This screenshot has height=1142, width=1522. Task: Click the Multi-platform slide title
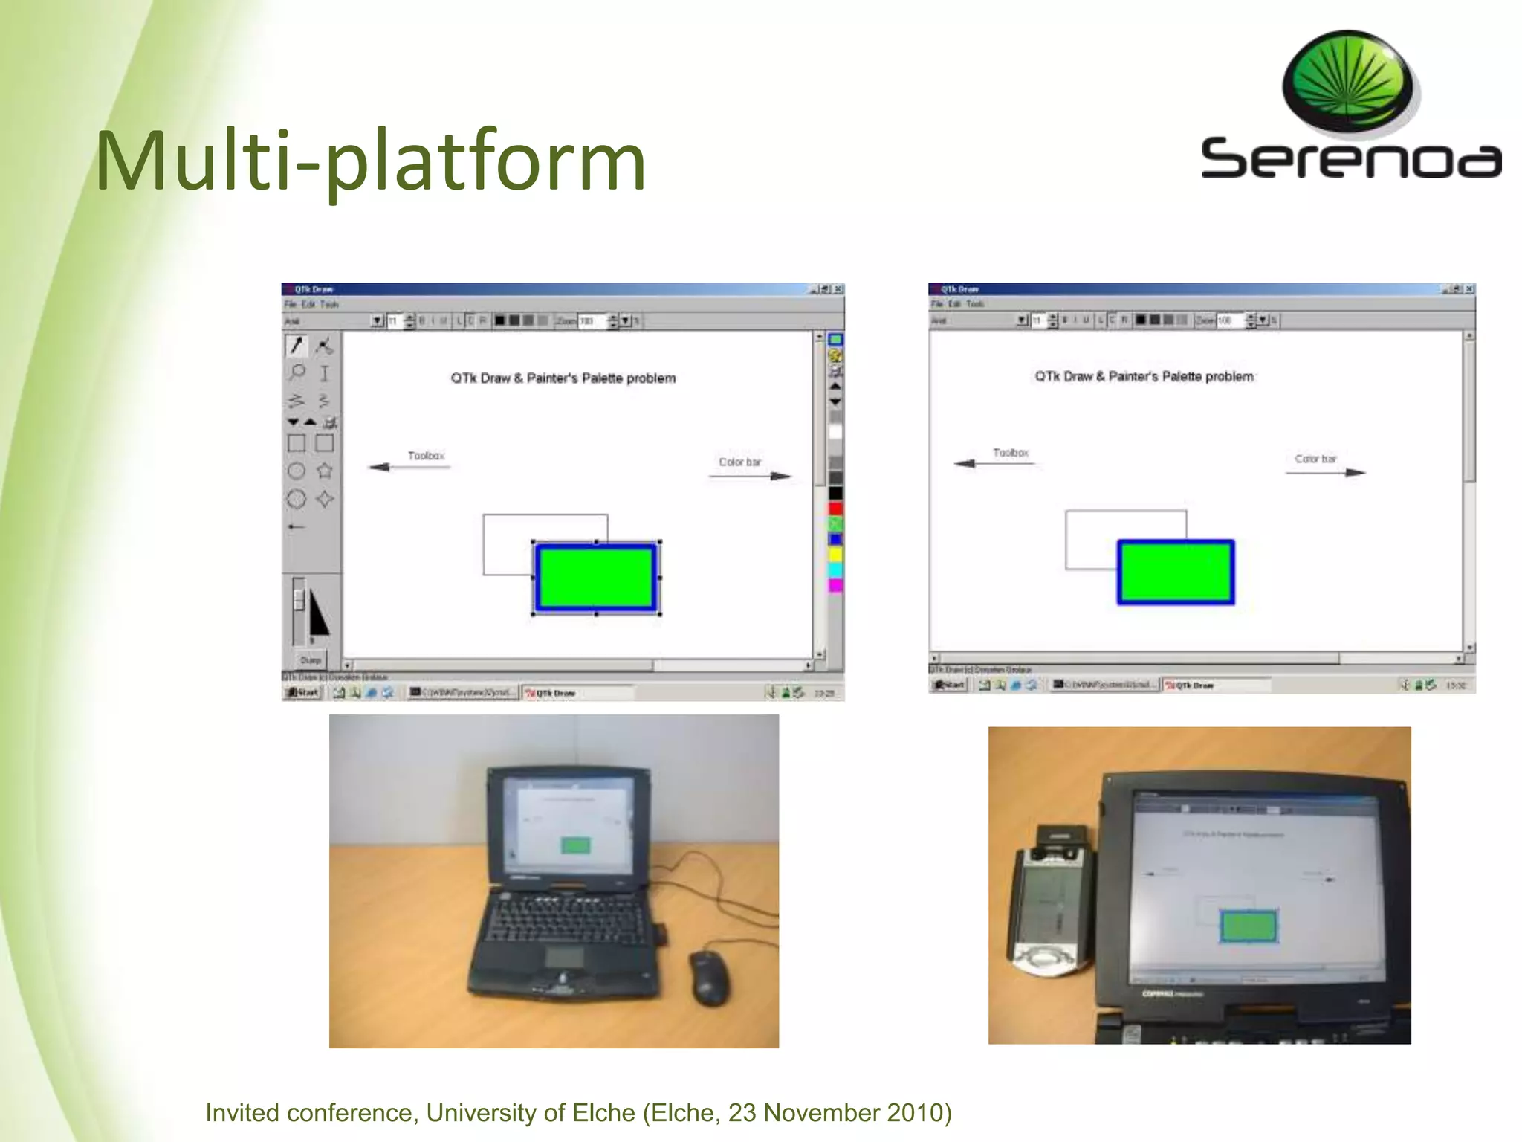click(x=370, y=161)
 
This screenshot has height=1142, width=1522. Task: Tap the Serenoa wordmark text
click(x=1350, y=158)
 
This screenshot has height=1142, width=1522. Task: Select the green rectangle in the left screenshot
click(x=595, y=578)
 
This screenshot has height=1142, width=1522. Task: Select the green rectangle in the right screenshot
click(x=1175, y=572)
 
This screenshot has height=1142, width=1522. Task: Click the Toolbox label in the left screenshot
click(x=426, y=456)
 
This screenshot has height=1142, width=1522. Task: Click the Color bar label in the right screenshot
click(x=1315, y=459)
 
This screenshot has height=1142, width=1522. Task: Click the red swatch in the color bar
click(x=835, y=509)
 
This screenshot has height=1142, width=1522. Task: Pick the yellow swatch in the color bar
click(x=835, y=555)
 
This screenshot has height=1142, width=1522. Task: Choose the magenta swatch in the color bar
click(x=835, y=586)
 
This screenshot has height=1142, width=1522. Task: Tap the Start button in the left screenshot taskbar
click(x=303, y=693)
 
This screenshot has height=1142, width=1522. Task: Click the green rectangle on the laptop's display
click(x=575, y=845)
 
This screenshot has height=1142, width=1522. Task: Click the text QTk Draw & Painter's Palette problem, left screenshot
click(x=563, y=378)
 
